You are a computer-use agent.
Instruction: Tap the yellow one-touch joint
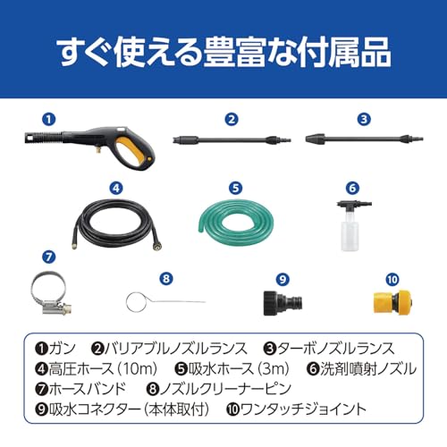[x=393, y=302]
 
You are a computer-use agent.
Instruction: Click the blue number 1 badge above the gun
[x=49, y=119]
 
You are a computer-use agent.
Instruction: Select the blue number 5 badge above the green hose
[x=236, y=188]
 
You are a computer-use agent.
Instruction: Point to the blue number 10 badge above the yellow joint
[x=392, y=280]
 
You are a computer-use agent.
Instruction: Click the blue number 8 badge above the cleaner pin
[x=166, y=279]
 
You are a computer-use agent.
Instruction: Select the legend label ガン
[x=62, y=349]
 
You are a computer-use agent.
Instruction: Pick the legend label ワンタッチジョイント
[x=303, y=409]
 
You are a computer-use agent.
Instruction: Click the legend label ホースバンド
[x=88, y=389]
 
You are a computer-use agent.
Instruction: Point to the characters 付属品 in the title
[x=345, y=52]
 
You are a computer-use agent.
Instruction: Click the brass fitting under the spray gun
[x=97, y=150]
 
